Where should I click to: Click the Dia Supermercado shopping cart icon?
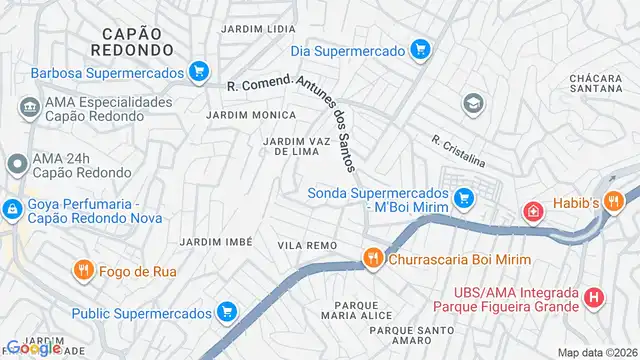422,49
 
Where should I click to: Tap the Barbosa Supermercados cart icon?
200,72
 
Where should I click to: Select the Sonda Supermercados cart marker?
462,199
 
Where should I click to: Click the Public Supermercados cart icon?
227,313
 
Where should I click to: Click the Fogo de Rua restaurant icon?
83,269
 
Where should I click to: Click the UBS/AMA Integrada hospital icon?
594,297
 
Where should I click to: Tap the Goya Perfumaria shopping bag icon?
12,210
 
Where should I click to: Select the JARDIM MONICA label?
251,116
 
